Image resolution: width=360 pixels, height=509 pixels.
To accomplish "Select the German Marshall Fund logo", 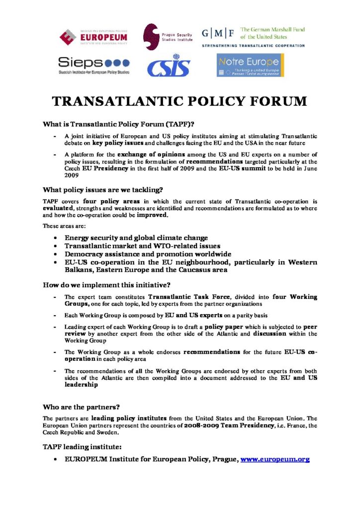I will pyautogui.click(x=253, y=36).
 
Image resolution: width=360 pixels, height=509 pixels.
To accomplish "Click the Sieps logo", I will pyautogui.click(x=93, y=65).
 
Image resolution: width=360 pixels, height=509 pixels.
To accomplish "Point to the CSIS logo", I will pyautogui.click(x=168, y=65).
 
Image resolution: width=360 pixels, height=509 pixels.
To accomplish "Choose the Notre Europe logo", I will pyautogui.click(x=251, y=66).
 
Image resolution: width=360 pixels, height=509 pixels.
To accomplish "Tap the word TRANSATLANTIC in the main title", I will pyautogui.click(x=114, y=102).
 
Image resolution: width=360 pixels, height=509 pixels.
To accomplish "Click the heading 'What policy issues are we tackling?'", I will pyautogui.click(x=103, y=189).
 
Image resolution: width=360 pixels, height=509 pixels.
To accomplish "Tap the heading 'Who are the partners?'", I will pyautogui.click(x=81, y=406).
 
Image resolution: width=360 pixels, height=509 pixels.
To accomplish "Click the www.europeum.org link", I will pyautogui.click(x=275, y=459).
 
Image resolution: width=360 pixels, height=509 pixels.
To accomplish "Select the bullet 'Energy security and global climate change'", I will pyautogui.click(x=136, y=238).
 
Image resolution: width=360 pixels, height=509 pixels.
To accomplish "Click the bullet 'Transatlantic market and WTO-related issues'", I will pyautogui.click(x=142, y=246).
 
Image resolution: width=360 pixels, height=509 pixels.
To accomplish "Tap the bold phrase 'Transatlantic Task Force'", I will pyautogui.click(x=185, y=297).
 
